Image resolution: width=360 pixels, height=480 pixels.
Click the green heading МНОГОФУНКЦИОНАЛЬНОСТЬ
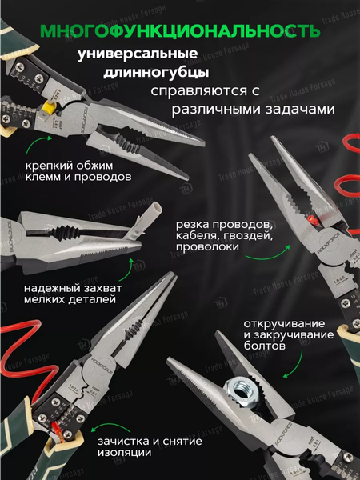point(180,31)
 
